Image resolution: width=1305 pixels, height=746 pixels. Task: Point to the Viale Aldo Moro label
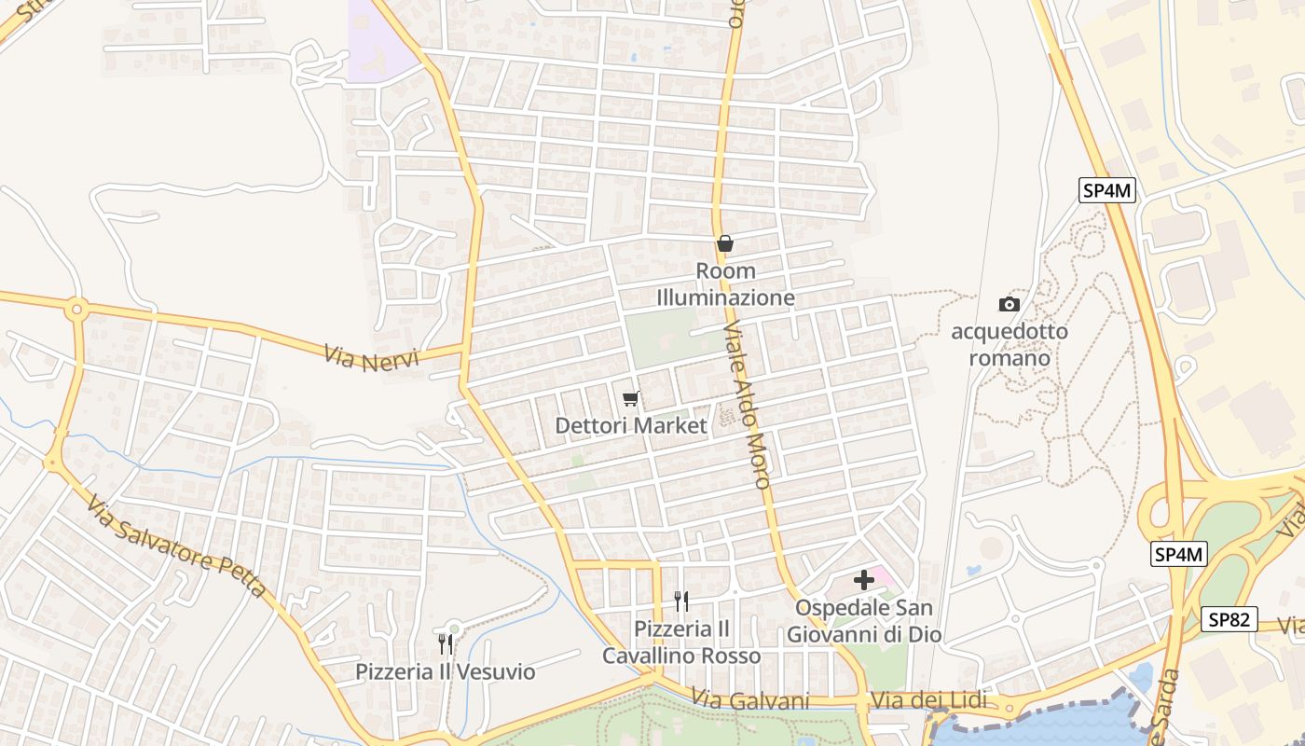(x=747, y=406)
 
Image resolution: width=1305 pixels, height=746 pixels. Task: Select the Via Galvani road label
(x=750, y=700)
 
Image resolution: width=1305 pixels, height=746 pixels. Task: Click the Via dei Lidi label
(x=924, y=700)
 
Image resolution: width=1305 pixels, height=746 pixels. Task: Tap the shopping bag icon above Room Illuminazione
(x=725, y=244)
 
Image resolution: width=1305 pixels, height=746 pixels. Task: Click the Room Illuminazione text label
(x=725, y=284)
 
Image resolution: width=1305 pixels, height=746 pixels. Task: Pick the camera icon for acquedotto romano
(x=1009, y=304)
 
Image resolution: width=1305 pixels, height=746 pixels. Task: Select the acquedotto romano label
(x=1009, y=344)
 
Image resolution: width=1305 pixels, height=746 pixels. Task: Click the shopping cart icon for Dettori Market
(x=631, y=399)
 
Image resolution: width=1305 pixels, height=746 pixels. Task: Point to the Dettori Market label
(x=631, y=426)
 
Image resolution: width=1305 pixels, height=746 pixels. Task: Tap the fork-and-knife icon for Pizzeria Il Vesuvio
(x=446, y=643)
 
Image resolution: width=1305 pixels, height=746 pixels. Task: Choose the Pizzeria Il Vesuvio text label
(x=446, y=671)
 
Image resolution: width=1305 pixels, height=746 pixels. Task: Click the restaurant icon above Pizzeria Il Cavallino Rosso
(x=681, y=601)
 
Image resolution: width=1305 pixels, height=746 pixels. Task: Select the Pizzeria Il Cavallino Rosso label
(x=681, y=642)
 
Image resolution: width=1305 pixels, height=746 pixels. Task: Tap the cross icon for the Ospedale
(x=864, y=580)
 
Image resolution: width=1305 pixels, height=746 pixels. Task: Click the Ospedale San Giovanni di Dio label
(x=864, y=621)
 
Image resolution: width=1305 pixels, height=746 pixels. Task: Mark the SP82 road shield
(x=1229, y=619)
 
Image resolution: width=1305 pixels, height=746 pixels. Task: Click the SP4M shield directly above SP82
(x=1179, y=554)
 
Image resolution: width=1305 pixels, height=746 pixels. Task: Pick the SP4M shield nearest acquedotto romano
(x=1107, y=191)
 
